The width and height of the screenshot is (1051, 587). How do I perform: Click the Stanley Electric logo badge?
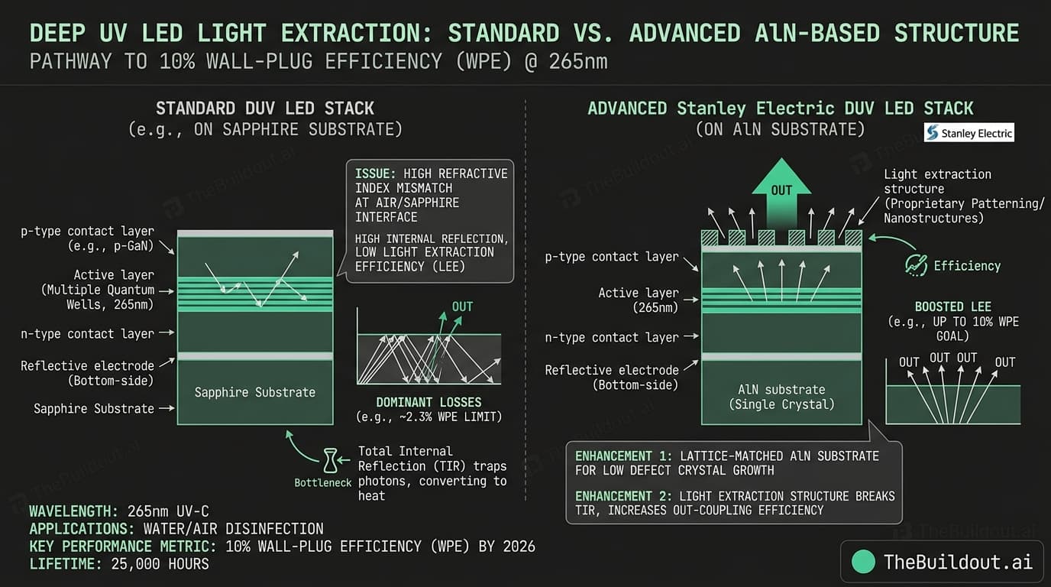pyautogui.click(x=969, y=133)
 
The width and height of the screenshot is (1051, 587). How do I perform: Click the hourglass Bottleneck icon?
pyautogui.click(x=329, y=460)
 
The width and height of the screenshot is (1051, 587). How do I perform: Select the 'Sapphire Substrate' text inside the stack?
pyautogui.click(x=254, y=392)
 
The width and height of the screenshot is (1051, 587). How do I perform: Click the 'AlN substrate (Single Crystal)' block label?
pyautogui.click(x=781, y=397)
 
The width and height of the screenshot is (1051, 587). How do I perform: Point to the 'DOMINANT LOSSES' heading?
pyautogui.click(x=428, y=402)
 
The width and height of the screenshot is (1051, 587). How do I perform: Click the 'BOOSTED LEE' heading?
pyautogui.click(x=953, y=306)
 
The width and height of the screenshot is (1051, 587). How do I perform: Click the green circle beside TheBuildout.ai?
pyautogui.click(x=863, y=562)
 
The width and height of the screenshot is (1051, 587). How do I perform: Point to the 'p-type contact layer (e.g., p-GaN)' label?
pyautogui.click(x=87, y=238)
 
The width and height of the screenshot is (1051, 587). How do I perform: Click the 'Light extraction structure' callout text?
pyautogui.click(x=937, y=182)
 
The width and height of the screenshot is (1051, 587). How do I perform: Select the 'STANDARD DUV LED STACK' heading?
pyautogui.click(x=265, y=109)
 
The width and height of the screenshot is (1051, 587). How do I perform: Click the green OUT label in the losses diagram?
pyautogui.click(x=462, y=306)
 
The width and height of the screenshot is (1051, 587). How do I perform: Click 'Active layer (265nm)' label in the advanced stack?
pyautogui.click(x=638, y=300)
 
